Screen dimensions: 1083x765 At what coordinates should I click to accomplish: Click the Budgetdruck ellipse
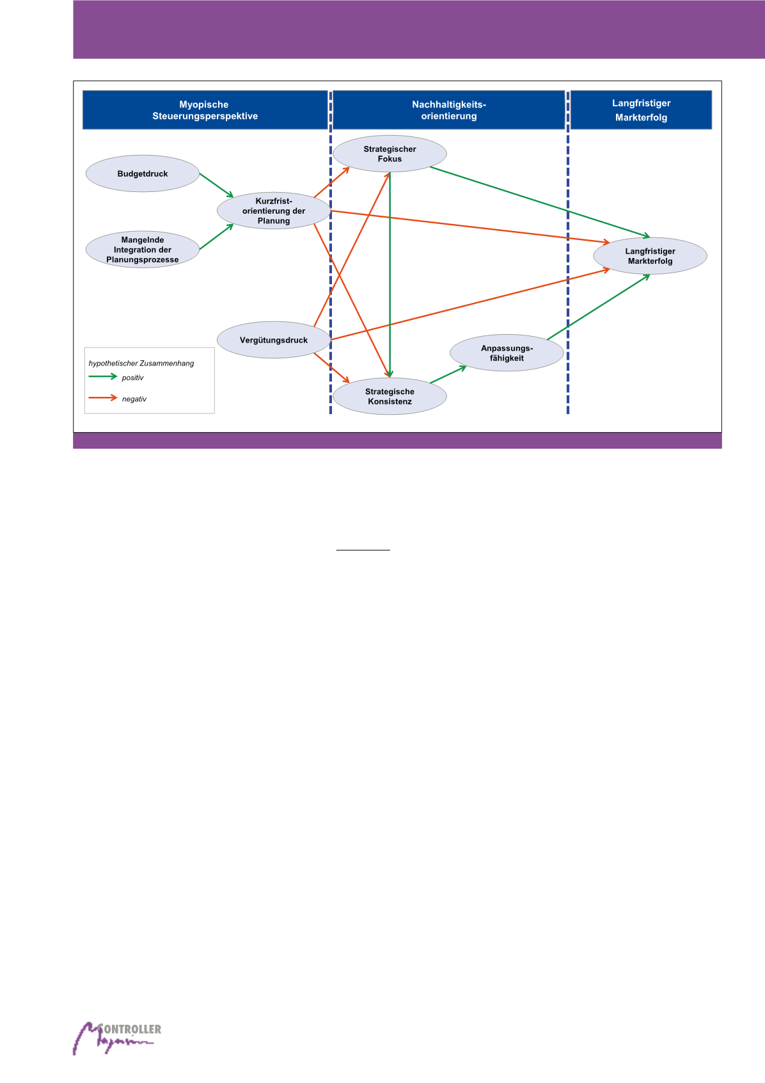pyautogui.click(x=143, y=173)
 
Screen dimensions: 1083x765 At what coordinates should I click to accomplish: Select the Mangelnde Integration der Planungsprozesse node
pyautogui.click(x=143, y=250)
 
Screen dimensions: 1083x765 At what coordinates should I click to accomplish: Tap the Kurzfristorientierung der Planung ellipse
pyautogui.click(x=274, y=211)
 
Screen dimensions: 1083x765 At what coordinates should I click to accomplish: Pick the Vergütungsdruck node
pyautogui.click(x=274, y=340)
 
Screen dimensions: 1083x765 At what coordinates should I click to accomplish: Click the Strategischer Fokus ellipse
pyautogui.click(x=390, y=154)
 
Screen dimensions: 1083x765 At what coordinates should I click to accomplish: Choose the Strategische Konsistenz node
pyautogui.click(x=390, y=397)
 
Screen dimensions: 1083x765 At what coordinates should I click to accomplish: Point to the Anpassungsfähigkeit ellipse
pyautogui.click(x=507, y=353)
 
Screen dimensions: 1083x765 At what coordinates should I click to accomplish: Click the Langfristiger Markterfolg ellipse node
pyautogui.click(x=650, y=256)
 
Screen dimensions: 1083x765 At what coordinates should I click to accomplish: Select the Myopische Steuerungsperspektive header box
pyautogui.click(x=205, y=110)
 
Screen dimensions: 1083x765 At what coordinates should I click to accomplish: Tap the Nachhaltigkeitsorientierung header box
pyautogui.click(x=449, y=110)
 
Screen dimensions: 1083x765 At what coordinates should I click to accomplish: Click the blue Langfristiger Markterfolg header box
pyautogui.click(x=641, y=110)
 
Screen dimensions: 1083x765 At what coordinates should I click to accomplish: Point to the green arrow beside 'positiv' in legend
pyautogui.click(x=103, y=377)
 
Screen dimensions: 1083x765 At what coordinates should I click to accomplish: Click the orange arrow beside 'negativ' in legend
pyautogui.click(x=103, y=398)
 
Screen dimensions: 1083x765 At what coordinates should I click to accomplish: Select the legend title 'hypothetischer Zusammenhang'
pyautogui.click(x=141, y=363)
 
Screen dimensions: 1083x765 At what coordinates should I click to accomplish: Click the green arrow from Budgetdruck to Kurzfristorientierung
pyautogui.click(x=216, y=185)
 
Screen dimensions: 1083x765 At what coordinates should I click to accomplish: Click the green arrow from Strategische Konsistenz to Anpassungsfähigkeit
pyautogui.click(x=448, y=374)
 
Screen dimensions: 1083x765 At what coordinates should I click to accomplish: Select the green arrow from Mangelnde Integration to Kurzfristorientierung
pyautogui.click(x=216, y=237)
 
